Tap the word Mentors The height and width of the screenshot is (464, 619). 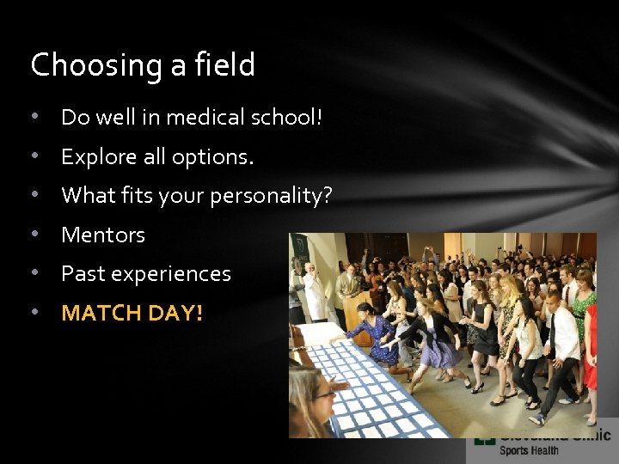pyautogui.click(x=103, y=235)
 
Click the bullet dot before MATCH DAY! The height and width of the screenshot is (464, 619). pyautogui.click(x=34, y=313)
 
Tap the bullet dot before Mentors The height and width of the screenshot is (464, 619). pyautogui.click(x=34, y=235)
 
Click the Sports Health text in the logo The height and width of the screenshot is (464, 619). pyautogui.click(x=529, y=450)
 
